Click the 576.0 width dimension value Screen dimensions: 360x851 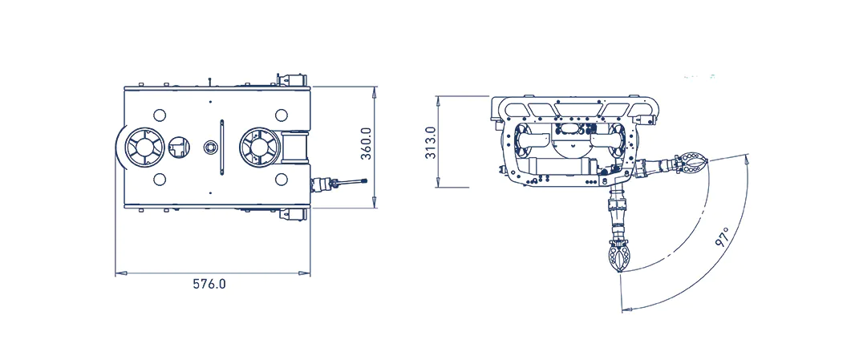[x=209, y=284]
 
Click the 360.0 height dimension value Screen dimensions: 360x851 [x=367, y=144]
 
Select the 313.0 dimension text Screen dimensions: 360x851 [x=431, y=143]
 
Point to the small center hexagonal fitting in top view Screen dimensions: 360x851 [x=210, y=147]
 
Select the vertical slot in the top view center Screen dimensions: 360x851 [x=221, y=146]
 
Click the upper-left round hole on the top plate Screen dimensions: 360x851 [x=159, y=114]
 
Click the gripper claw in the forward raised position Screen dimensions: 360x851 [x=692, y=164]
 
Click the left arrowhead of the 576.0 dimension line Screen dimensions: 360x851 [x=119, y=273]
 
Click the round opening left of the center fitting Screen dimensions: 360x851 [x=178, y=147]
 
